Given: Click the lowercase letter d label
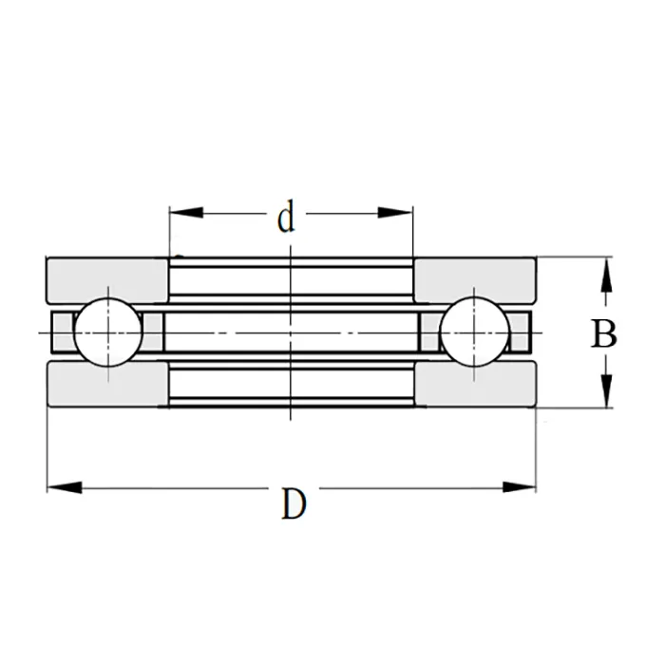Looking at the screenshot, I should [x=286, y=218].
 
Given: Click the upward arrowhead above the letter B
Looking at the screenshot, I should [x=604, y=276].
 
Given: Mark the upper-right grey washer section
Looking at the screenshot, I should [x=475, y=279].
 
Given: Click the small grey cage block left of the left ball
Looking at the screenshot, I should [x=61, y=332].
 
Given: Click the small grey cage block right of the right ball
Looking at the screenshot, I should [x=521, y=332].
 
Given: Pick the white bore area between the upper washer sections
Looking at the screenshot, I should [x=292, y=280].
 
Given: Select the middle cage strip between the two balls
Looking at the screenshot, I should [x=292, y=332].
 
